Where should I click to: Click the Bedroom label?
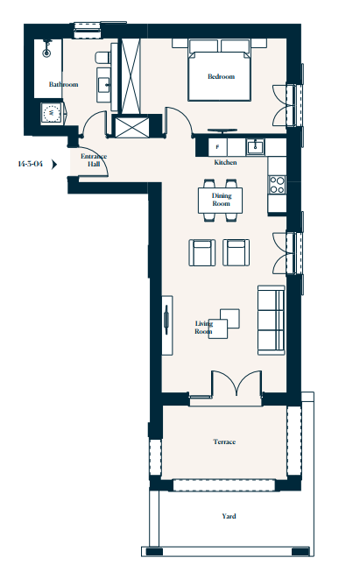click(222, 76)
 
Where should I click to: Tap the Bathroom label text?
click(64, 84)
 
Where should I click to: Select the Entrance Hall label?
click(94, 160)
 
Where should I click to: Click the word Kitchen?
click(225, 162)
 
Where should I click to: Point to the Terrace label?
click(224, 441)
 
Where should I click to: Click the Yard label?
click(229, 516)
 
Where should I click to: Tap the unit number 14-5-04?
click(31, 164)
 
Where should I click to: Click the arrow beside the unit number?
click(54, 164)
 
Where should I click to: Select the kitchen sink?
click(255, 147)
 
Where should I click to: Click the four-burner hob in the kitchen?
click(277, 185)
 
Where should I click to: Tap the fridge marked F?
click(217, 147)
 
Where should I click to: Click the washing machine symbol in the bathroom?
click(52, 112)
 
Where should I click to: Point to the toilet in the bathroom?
click(102, 57)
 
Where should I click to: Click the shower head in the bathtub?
click(46, 49)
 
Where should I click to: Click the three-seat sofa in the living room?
click(272, 320)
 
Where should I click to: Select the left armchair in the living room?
click(202, 252)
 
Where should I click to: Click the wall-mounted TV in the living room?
click(166, 320)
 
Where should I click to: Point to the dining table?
click(221, 200)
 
